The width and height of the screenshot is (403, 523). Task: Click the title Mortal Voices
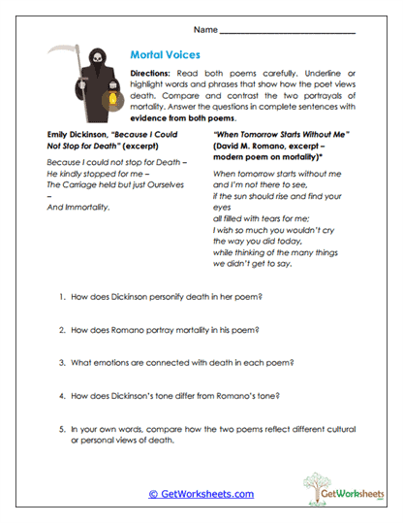click(168, 56)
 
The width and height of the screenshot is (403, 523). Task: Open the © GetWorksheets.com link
click(201, 494)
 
